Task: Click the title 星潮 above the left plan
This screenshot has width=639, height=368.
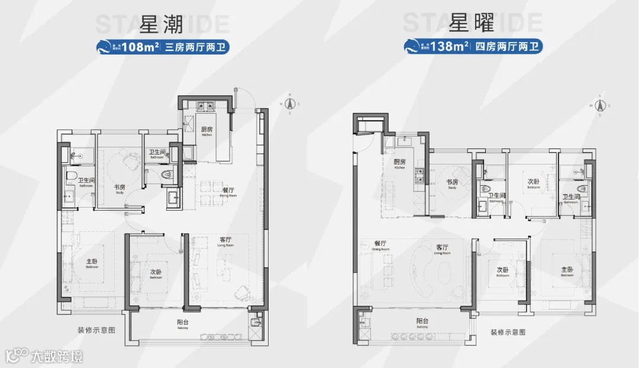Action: (x=162, y=24)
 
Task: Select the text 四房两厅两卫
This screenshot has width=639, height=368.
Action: (x=507, y=46)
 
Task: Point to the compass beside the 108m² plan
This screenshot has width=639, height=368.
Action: (x=290, y=104)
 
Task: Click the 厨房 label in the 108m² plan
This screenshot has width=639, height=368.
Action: (x=206, y=130)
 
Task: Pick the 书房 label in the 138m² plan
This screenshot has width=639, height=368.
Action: (x=453, y=182)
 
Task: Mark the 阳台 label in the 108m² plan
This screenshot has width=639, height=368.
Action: (x=182, y=323)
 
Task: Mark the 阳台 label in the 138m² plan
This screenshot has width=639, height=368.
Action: (x=422, y=321)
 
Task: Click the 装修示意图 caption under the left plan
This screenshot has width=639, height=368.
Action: (x=95, y=330)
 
